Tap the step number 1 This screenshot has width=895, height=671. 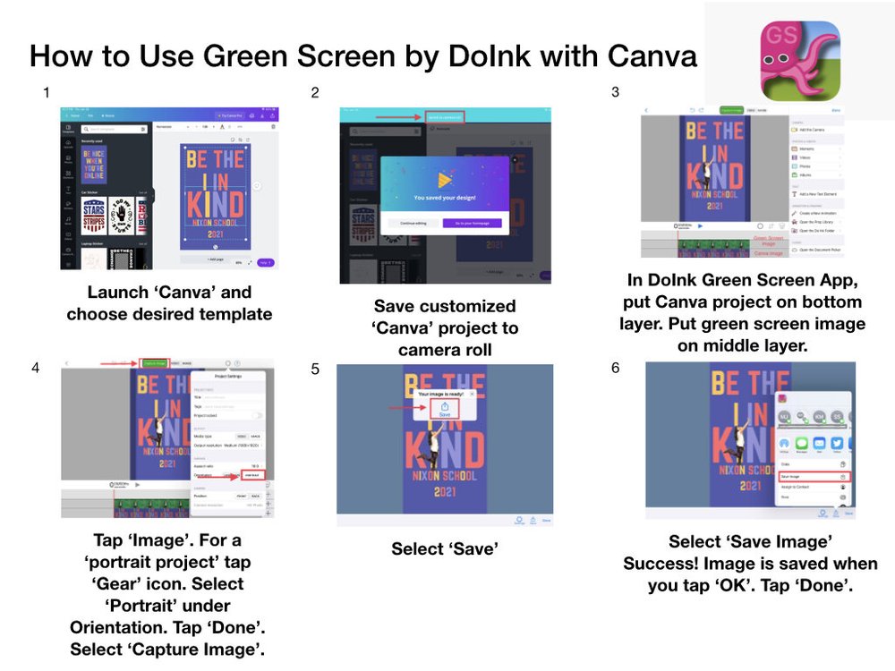(47, 91)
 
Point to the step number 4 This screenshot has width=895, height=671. (35, 367)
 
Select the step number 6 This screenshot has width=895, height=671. (615, 368)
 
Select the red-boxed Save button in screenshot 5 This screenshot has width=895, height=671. (445, 409)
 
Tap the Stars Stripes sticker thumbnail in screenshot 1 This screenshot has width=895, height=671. (94, 216)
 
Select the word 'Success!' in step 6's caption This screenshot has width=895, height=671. (663, 564)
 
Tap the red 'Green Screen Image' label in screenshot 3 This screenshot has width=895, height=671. (770, 239)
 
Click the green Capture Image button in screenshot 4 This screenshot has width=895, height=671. (155, 363)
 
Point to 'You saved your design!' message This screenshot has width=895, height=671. (445, 197)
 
